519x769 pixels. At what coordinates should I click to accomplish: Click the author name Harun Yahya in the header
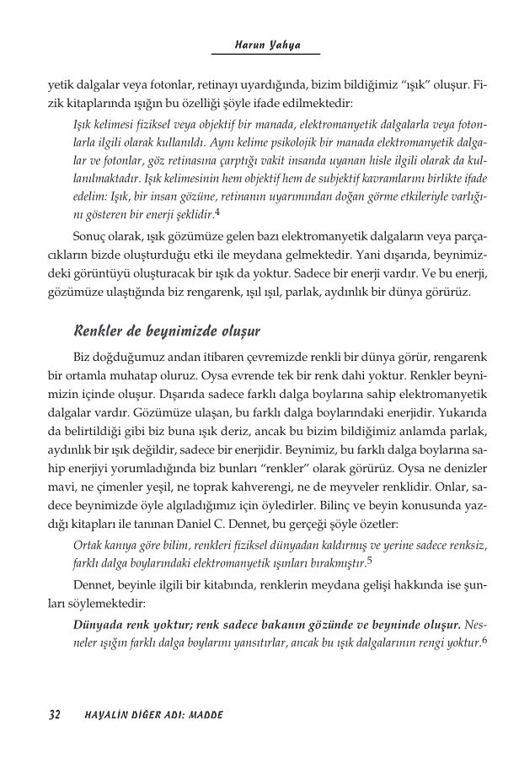click(x=265, y=46)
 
